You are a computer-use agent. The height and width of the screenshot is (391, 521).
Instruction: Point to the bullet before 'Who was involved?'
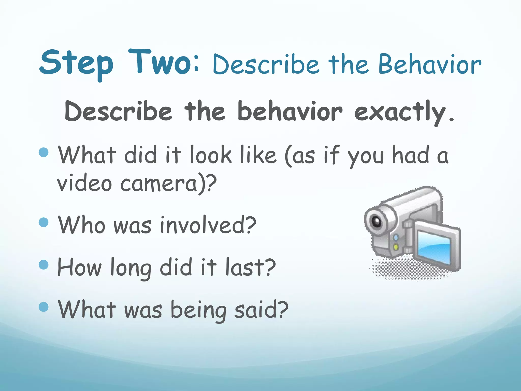click(x=44, y=222)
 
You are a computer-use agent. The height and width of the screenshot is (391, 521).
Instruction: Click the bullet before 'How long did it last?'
click(x=44, y=264)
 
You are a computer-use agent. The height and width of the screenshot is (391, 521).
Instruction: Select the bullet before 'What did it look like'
click(x=44, y=152)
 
